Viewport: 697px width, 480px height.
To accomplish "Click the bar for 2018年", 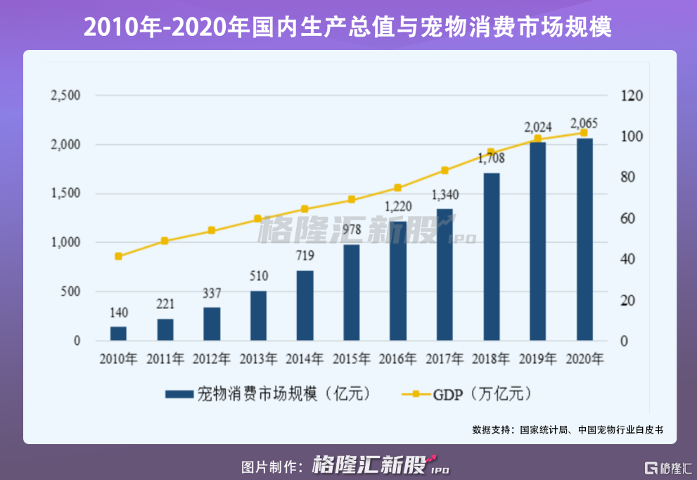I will (x=492, y=257).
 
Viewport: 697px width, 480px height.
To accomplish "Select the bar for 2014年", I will (x=305, y=305).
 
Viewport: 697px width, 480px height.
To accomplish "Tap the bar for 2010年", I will (x=118, y=334).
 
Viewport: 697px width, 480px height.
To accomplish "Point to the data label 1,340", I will (x=445, y=194).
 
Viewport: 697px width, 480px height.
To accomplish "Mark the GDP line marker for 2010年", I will (x=118, y=256).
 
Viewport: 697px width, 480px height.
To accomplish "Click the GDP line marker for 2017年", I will (x=445, y=170).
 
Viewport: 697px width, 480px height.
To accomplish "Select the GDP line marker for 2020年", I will (x=584, y=132).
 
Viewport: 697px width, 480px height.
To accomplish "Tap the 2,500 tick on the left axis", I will (x=66, y=96).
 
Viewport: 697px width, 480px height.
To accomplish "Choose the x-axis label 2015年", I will (x=352, y=359).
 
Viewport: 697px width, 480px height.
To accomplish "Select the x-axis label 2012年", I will (x=212, y=359).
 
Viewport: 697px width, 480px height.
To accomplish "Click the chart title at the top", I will (x=348, y=27).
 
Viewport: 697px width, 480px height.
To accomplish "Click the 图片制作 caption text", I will (x=271, y=466).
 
